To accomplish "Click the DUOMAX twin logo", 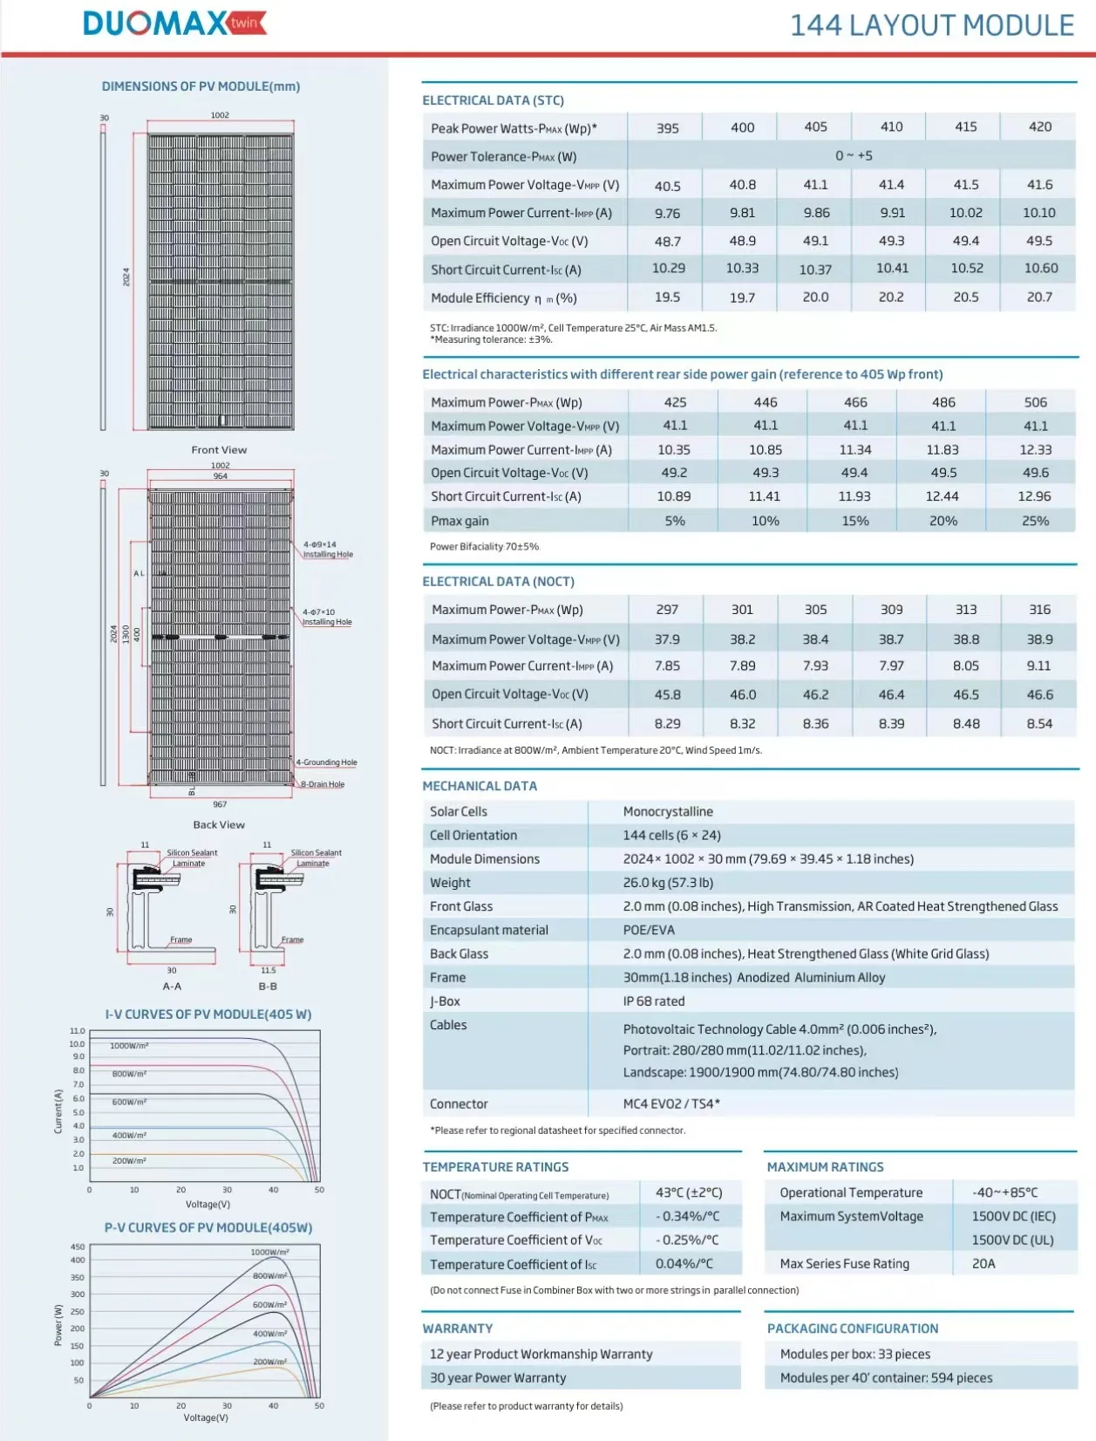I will [x=174, y=24].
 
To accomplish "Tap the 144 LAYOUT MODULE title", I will [x=931, y=25].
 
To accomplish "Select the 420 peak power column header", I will [x=1039, y=126].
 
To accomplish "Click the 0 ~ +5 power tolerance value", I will [x=854, y=155].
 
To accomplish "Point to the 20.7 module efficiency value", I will [x=1039, y=297].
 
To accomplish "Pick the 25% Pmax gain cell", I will [x=1035, y=521].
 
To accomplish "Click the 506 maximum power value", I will [x=1035, y=402].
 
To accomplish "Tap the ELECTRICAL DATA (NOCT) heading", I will [x=498, y=582].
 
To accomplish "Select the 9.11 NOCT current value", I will [x=1039, y=666].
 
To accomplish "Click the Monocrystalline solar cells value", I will [x=668, y=811].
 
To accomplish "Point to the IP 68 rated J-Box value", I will [x=654, y=1001].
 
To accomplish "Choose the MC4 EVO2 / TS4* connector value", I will [x=671, y=1103].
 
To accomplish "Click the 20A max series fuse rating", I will [x=984, y=1263].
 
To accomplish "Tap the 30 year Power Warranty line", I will [x=498, y=1377].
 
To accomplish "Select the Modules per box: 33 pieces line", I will [x=854, y=1354].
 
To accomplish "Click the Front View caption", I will [x=219, y=450].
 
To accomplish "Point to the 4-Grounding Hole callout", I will [x=327, y=762].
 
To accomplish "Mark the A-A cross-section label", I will [x=172, y=987].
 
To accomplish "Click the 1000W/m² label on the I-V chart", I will [x=129, y=1045].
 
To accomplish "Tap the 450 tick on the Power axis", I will [x=78, y=1247].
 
